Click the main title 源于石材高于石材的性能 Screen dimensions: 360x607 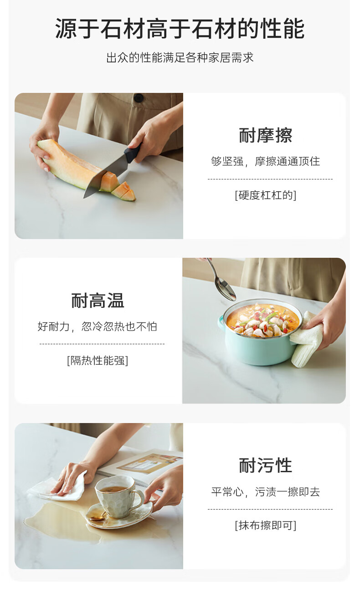[x=180, y=29]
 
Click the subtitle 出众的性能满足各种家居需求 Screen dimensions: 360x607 [x=180, y=57]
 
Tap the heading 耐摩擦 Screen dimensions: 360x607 [x=265, y=135]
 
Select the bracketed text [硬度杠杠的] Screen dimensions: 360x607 [x=265, y=195]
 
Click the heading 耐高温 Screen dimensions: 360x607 [x=98, y=300]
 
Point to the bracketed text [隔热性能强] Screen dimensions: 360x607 [x=98, y=360]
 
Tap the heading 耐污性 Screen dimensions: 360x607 [x=265, y=465]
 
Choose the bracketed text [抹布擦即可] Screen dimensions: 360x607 [x=265, y=525]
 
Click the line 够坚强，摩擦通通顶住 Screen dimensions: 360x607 [x=265, y=161]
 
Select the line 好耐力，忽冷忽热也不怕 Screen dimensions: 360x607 [x=98, y=326]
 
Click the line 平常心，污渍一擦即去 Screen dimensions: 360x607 [x=265, y=491]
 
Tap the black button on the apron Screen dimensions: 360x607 [x=139, y=97]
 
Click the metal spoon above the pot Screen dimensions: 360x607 [x=222, y=281]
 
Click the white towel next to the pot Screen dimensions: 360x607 [x=306, y=339]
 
